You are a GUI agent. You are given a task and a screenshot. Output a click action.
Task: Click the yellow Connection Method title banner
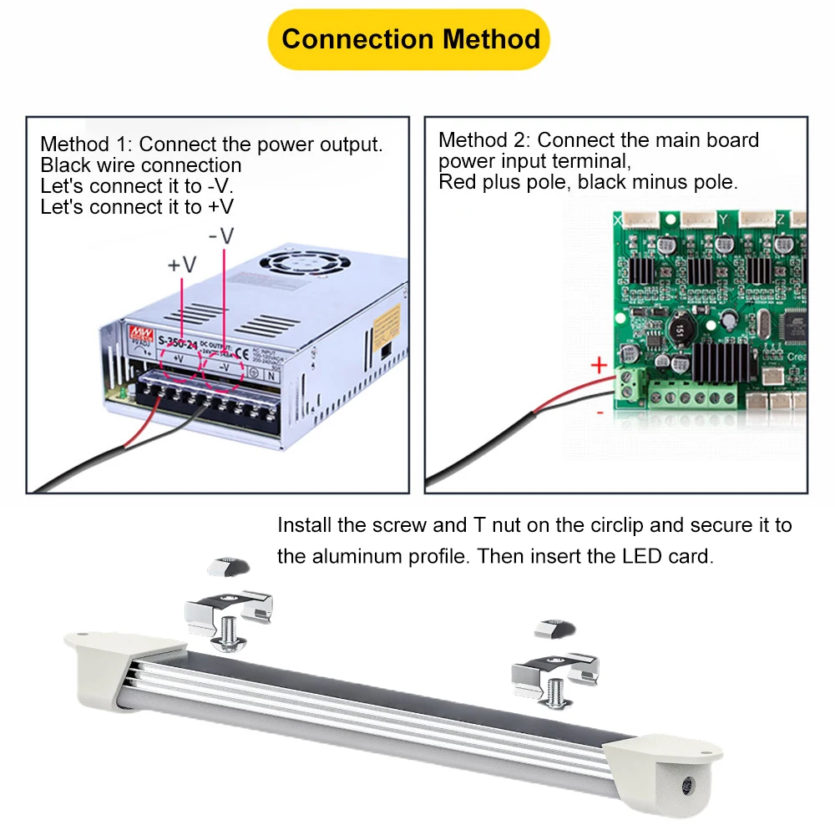click(409, 39)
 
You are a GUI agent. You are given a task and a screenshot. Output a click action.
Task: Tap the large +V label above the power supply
click(182, 265)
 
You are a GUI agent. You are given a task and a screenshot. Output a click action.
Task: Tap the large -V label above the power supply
click(221, 236)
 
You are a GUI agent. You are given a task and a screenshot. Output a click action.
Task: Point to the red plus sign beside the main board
click(598, 365)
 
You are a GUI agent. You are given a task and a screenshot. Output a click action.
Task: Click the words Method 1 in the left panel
click(81, 144)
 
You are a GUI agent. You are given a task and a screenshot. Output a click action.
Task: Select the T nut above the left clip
click(226, 567)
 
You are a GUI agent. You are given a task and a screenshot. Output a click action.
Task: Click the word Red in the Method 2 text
click(458, 181)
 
